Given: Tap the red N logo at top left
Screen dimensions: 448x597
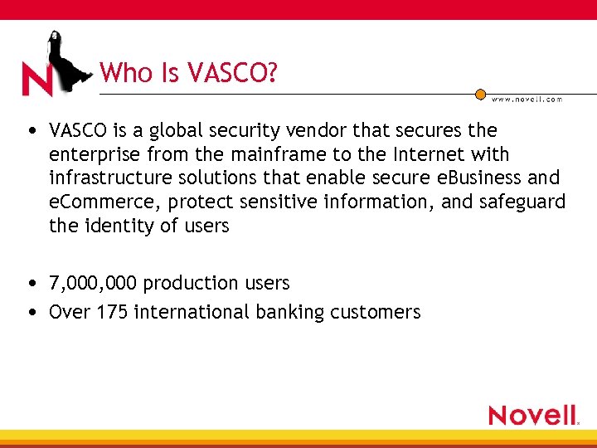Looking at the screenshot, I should pyautogui.click(x=38, y=80).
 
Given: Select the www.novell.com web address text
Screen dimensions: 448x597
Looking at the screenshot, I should pyautogui.click(x=527, y=99).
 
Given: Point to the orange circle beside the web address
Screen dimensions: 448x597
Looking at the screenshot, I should pyautogui.click(x=480, y=95).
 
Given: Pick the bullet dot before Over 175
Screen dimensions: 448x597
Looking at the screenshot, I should pyautogui.click(x=31, y=313).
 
